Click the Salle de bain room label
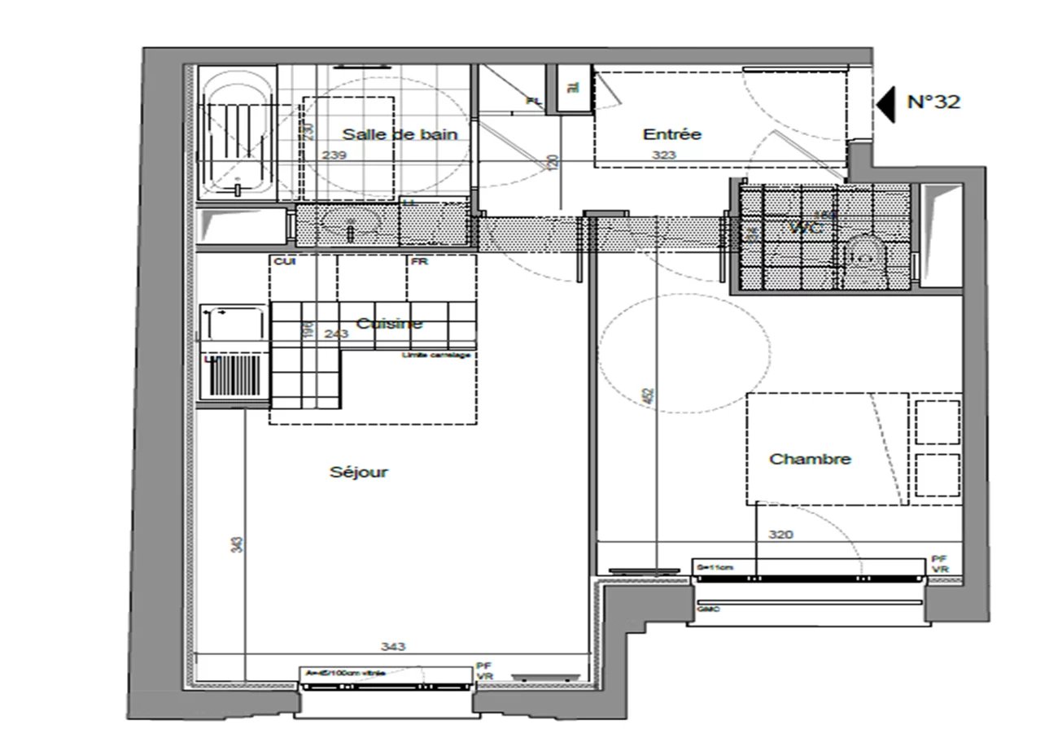399,134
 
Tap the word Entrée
671,134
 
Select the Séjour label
359,472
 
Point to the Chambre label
810,459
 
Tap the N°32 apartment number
933,103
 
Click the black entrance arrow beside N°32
886,103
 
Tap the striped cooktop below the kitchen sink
234,378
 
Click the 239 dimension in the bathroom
334,155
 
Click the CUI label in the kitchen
283,262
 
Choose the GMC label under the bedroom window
708,609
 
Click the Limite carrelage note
436,356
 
